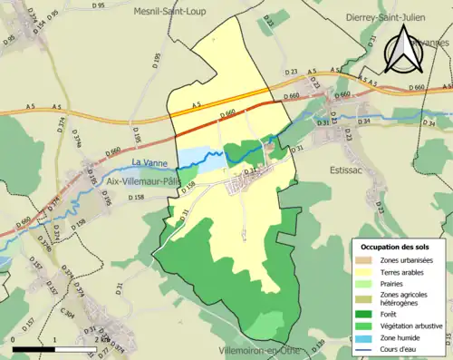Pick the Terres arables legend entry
point(401,271)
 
